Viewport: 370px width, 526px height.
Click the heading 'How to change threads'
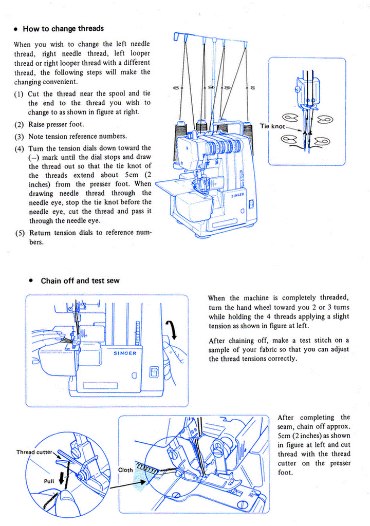(63, 29)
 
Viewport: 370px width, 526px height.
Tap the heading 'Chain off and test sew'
(80, 280)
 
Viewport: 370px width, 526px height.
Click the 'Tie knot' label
(272, 126)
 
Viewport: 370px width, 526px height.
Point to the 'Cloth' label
(125, 469)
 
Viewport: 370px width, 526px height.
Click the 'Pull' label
(49, 481)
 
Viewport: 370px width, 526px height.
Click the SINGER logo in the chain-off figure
(124, 353)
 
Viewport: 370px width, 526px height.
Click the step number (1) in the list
(18, 94)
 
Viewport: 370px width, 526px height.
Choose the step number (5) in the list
(19, 233)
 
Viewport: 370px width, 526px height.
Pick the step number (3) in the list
(19, 137)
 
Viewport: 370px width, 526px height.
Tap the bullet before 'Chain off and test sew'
(31, 281)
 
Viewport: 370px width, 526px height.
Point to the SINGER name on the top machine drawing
(237, 195)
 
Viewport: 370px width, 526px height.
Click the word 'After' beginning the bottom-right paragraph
(287, 417)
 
